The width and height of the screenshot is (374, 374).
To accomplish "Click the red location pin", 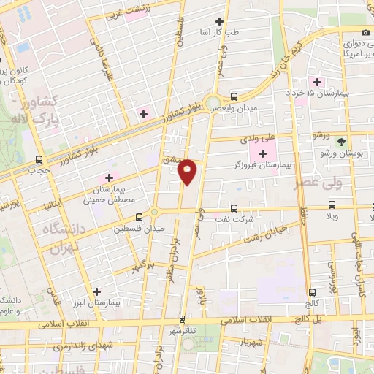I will [x=188, y=172].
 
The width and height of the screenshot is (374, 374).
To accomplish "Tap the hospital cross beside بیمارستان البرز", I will [x=96, y=291].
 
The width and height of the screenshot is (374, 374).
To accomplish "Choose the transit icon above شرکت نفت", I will [x=234, y=207].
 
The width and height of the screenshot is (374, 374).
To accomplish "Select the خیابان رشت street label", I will [x=266, y=234].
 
